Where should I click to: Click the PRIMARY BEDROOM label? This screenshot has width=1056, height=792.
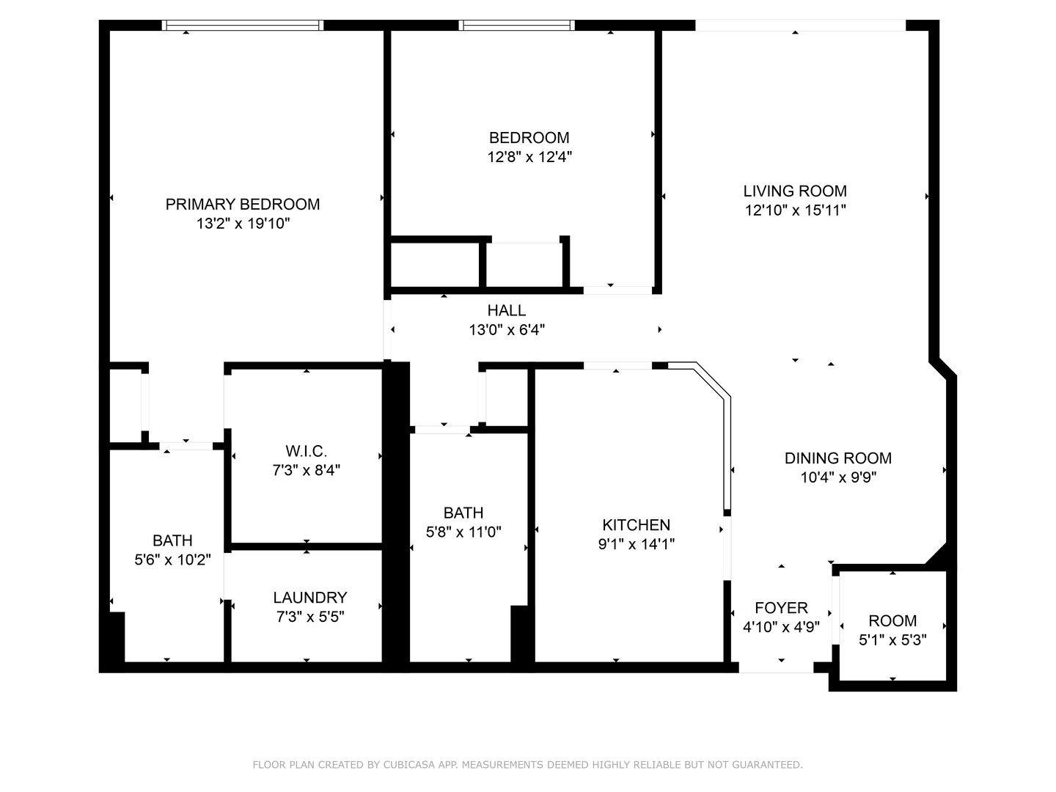(243, 205)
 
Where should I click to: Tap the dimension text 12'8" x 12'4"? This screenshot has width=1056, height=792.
(529, 157)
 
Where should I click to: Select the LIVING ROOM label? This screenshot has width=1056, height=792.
(795, 191)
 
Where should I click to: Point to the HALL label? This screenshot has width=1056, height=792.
(507, 311)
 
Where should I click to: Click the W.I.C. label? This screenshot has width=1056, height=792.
(306, 451)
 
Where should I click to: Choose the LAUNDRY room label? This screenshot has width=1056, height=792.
(309, 598)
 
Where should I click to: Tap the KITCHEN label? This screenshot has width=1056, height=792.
(636, 525)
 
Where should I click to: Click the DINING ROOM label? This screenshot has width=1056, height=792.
(838, 458)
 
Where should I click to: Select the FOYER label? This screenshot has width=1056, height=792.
(781, 608)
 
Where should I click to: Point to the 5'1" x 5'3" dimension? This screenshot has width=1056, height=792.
(892, 639)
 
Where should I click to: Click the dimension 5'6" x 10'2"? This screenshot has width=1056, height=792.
(172, 560)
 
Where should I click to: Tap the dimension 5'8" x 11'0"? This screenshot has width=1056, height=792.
(463, 532)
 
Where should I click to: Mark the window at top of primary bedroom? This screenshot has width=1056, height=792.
(243, 26)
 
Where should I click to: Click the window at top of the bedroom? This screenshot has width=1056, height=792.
(516, 26)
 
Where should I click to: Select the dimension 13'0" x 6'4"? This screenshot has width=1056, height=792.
(507, 330)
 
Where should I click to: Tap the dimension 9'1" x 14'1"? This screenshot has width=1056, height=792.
(636, 544)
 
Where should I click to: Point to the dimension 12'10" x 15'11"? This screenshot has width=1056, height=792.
(795, 210)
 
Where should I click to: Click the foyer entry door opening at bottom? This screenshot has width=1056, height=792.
(776, 667)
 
